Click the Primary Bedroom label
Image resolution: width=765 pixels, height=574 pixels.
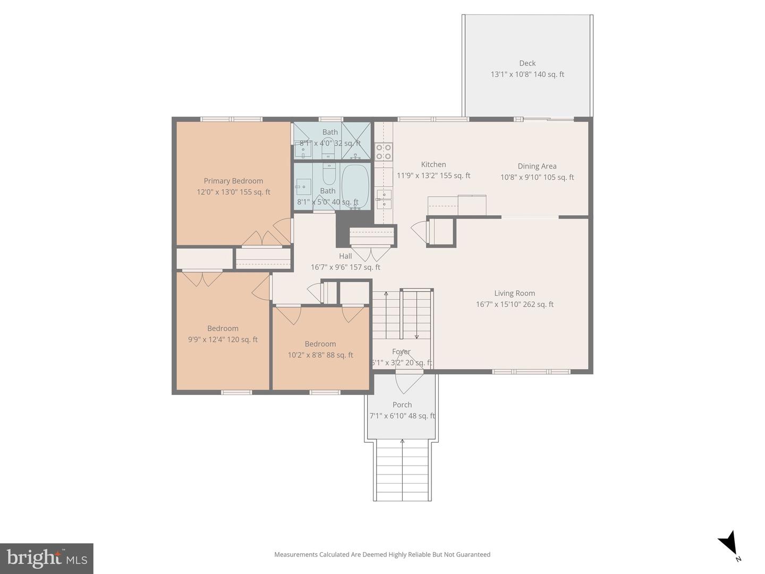coord(233,181)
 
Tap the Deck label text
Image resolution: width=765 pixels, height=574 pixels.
coord(527,63)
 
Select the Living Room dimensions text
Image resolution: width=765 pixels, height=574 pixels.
coord(514,305)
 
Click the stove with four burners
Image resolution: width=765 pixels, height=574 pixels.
coord(384,151)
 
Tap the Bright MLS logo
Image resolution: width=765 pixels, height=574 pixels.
coord(47,558)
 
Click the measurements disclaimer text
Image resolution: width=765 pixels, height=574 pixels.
coord(382,554)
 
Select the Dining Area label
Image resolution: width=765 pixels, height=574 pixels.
coord(537,166)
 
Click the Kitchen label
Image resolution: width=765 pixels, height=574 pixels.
coord(433,165)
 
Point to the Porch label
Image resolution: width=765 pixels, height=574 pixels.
coord(402,405)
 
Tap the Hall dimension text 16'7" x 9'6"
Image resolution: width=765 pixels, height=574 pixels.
coord(345,267)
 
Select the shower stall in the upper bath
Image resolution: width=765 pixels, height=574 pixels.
coord(355,141)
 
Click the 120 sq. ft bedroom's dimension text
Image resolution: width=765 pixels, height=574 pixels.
coord(223,340)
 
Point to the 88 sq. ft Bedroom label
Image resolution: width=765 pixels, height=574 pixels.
coord(320,344)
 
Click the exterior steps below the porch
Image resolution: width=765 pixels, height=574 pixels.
coord(402,470)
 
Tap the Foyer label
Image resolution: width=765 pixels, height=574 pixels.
coord(401,352)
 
